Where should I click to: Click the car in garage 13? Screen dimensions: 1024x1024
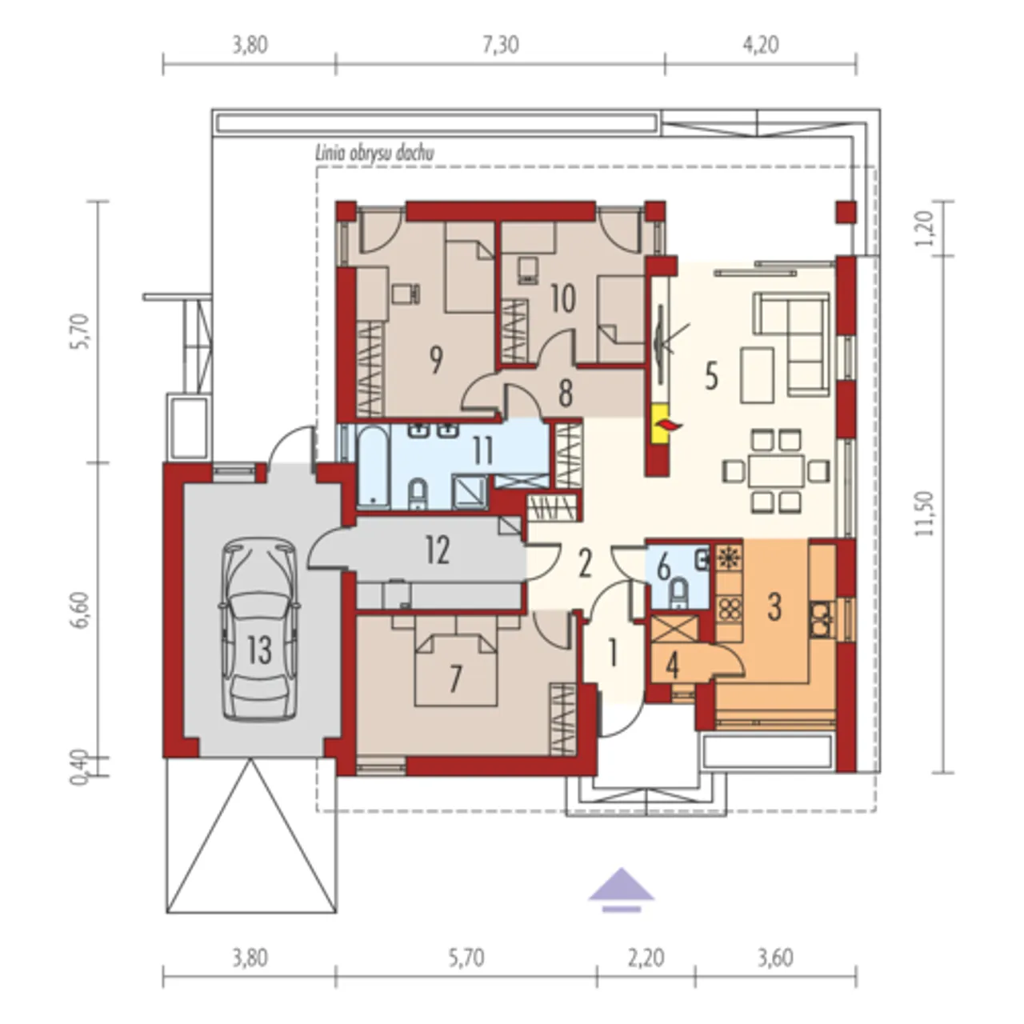click(260, 630)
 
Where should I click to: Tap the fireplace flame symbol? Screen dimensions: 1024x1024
click(667, 423)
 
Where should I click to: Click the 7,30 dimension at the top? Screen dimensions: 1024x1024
click(501, 45)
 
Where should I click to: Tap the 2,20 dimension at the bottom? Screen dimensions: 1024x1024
click(646, 958)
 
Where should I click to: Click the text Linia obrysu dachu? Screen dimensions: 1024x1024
click(374, 154)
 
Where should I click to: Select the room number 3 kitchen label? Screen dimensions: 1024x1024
click(774, 607)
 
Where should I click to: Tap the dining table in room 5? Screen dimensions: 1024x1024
click(776, 471)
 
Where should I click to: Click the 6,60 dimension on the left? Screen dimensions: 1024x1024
click(78, 611)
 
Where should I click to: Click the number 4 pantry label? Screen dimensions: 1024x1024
click(673, 666)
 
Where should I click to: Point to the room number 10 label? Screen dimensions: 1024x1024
click(562, 298)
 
